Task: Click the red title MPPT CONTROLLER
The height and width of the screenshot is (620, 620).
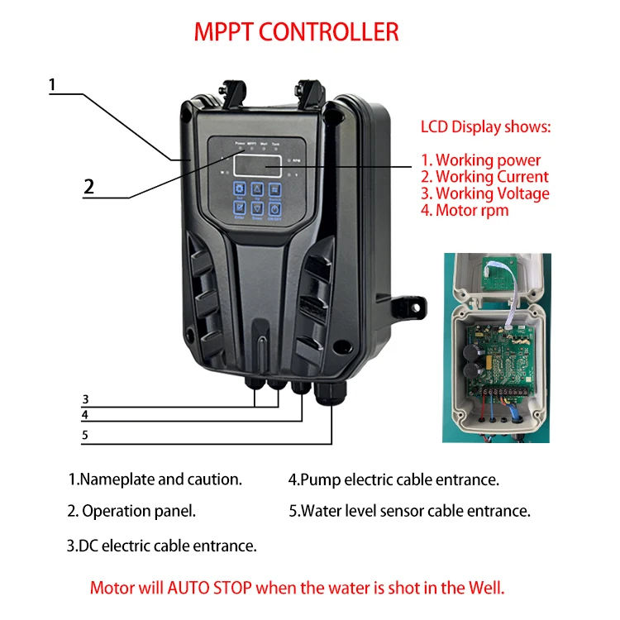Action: tap(296, 32)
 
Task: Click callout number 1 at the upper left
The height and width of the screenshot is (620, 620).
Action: tap(52, 84)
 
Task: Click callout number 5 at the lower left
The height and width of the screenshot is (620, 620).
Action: tap(85, 435)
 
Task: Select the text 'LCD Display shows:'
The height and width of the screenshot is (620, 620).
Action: tap(485, 127)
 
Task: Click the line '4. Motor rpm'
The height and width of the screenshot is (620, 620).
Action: tap(465, 210)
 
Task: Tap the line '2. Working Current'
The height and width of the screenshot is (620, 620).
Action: tap(484, 177)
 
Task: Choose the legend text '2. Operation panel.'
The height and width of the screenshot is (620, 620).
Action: tap(132, 511)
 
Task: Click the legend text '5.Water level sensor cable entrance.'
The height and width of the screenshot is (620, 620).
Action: tap(409, 511)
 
